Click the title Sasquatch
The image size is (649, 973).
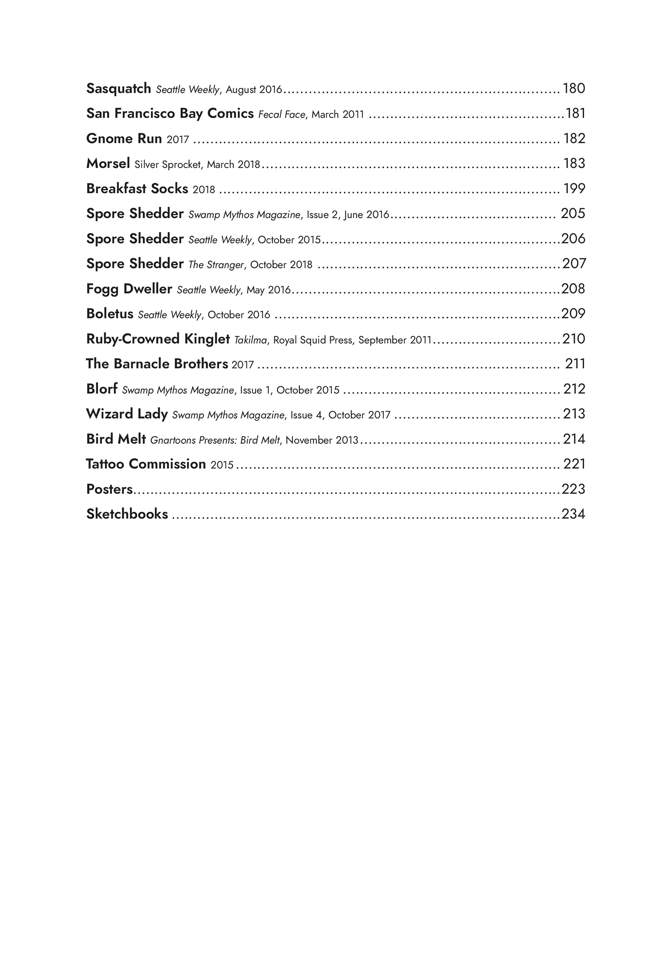click(119, 89)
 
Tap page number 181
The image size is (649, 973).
click(575, 113)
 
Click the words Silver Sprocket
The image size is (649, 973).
click(168, 165)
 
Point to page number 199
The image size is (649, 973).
click(574, 188)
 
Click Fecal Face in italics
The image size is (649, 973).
click(281, 115)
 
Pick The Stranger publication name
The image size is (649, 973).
click(216, 265)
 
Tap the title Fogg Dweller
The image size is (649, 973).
click(129, 289)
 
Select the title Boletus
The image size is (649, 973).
click(110, 314)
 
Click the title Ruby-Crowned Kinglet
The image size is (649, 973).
click(158, 339)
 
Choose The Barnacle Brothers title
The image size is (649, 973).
click(157, 364)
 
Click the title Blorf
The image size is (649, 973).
click(102, 389)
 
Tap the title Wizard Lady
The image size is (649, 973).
click(127, 414)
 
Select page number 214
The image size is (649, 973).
click(574, 439)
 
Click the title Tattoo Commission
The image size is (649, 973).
click(146, 464)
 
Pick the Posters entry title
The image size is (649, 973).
click(109, 489)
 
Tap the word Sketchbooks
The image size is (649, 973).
click(127, 514)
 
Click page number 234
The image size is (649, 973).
click(573, 514)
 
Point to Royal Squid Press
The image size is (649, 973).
click(313, 340)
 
